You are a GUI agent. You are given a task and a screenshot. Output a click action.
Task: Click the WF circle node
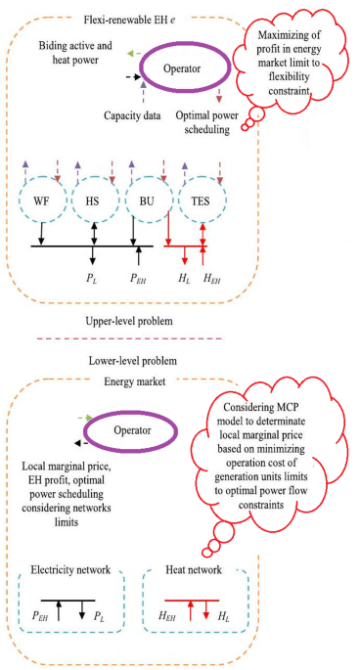[41, 202]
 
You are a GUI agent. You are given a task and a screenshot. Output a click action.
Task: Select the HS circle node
[94, 202]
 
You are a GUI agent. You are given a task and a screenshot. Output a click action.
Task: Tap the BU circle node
[147, 202]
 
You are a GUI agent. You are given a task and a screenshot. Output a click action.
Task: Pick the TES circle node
[201, 202]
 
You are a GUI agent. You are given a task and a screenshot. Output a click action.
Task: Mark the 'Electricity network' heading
[69, 568]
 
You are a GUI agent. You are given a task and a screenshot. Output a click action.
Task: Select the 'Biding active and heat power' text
[81, 55]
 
